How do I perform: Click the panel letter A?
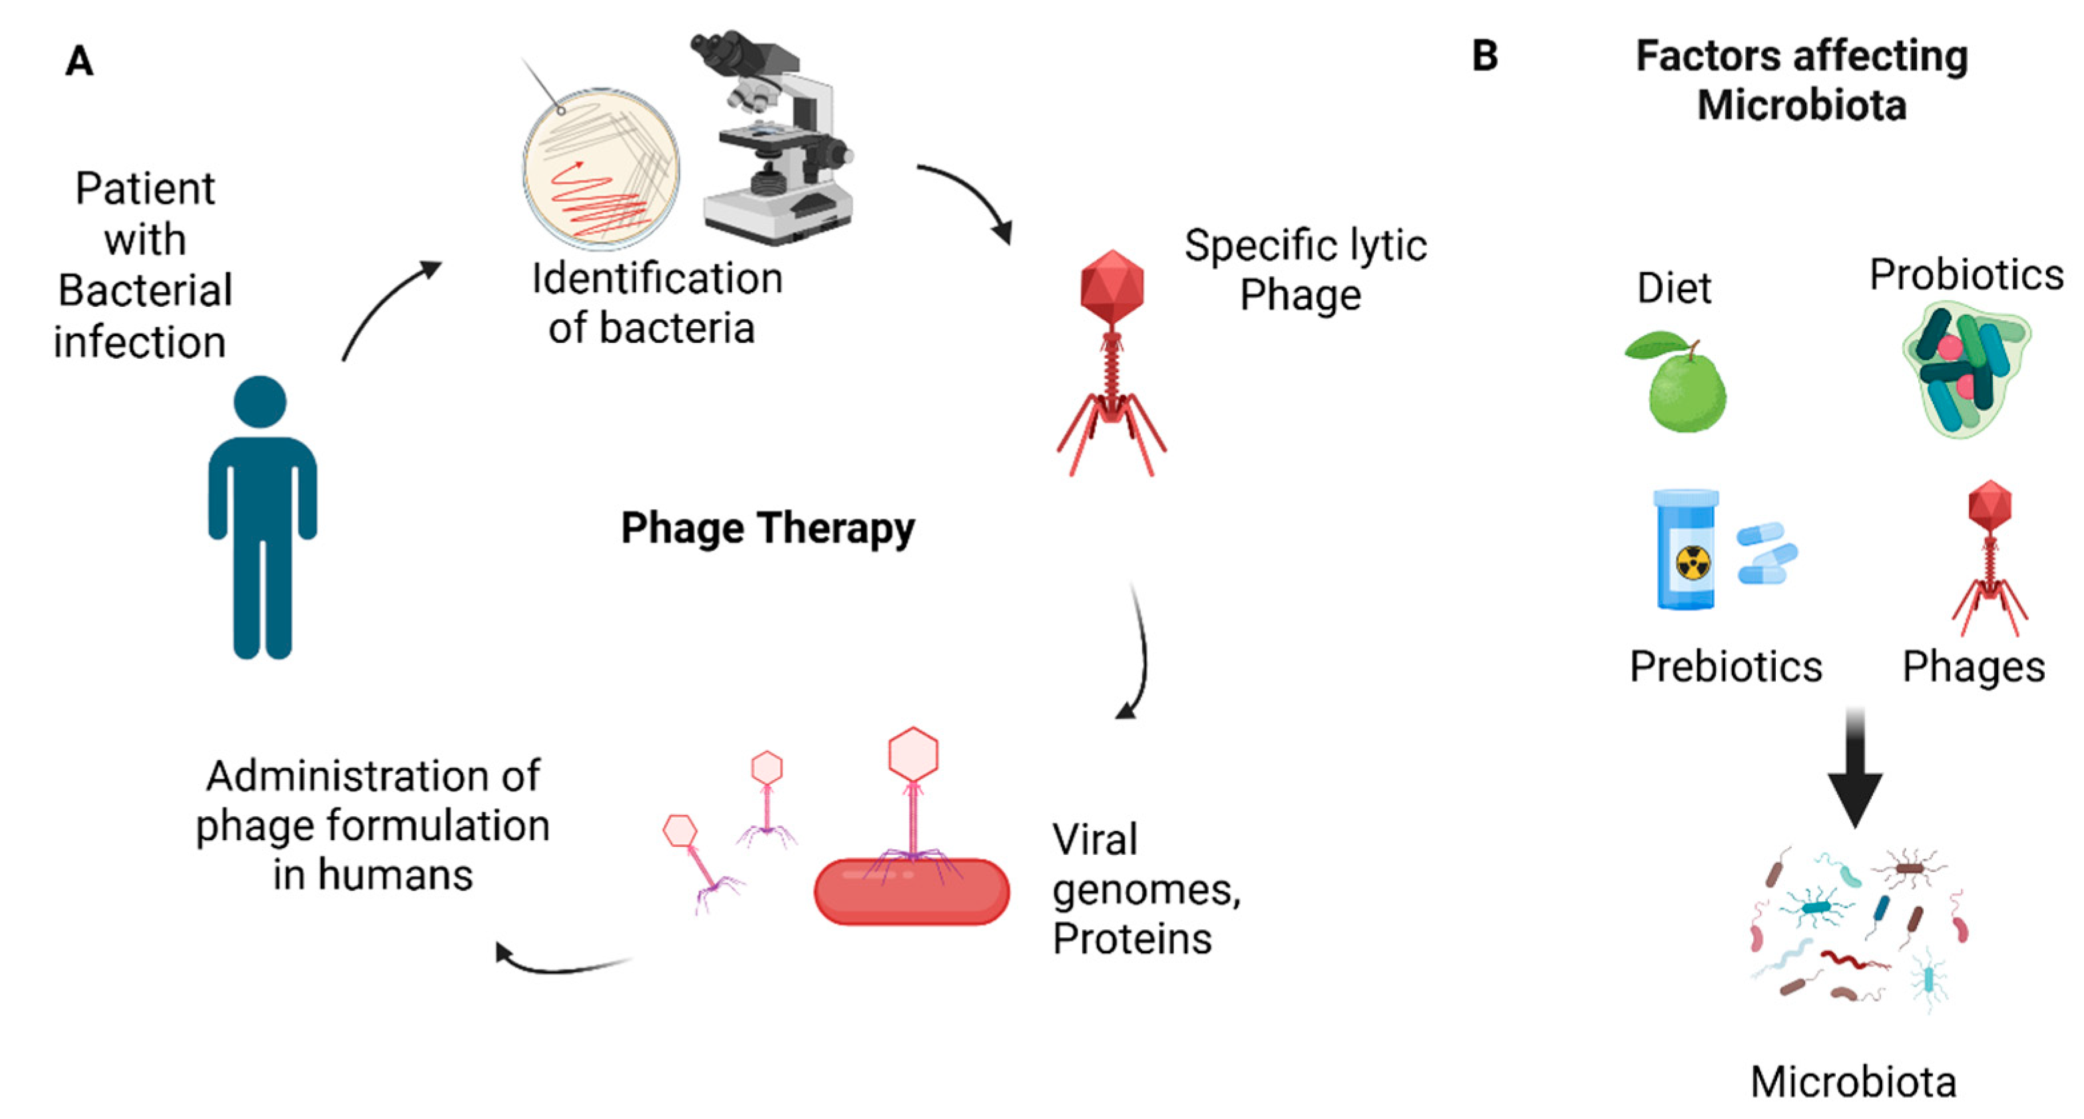point(79,61)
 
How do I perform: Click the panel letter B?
point(1484,56)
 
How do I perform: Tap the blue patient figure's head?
point(260,402)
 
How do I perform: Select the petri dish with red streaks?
point(601,168)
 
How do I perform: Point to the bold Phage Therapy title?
point(767,529)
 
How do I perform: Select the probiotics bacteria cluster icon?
point(1964,369)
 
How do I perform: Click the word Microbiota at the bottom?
point(1852,1082)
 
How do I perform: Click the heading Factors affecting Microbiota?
point(1802,80)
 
